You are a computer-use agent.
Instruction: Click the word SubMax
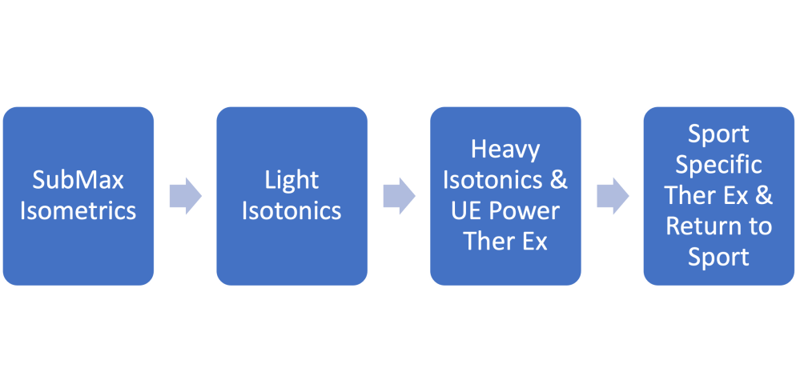click(x=78, y=180)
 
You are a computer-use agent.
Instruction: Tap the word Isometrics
click(x=78, y=210)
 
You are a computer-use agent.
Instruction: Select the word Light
click(x=291, y=180)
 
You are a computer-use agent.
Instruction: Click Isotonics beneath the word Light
click(x=291, y=210)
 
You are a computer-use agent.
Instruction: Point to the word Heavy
click(x=505, y=150)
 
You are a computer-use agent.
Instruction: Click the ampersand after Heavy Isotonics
click(x=559, y=180)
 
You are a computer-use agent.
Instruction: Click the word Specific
click(x=718, y=165)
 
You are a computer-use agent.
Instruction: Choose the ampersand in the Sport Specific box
click(x=764, y=195)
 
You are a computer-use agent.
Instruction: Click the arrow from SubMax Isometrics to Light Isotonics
click(x=185, y=196)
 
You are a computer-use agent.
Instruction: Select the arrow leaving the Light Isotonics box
click(x=399, y=196)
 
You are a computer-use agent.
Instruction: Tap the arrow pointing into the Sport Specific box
click(x=613, y=196)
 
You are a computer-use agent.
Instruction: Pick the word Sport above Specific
click(x=718, y=134)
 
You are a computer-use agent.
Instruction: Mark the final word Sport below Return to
click(x=718, y=256)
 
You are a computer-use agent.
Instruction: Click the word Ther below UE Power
click(x=488, y=241)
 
